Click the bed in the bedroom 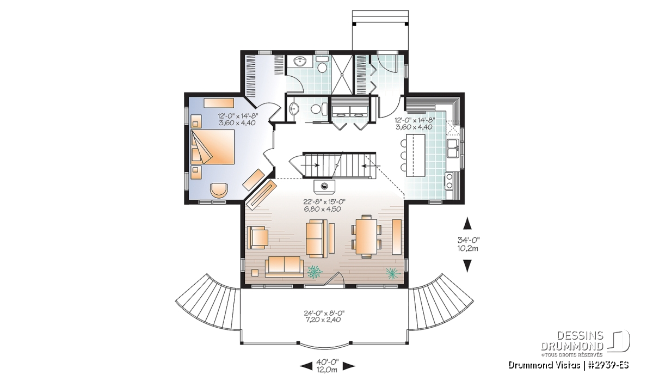213,146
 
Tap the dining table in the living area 366,236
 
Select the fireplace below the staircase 324,186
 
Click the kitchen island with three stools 415,155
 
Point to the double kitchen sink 453,148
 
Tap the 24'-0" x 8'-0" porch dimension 324,316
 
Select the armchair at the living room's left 257,237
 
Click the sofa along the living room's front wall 284,267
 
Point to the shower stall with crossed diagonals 342,74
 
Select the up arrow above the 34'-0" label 467,223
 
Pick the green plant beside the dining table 392,273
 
